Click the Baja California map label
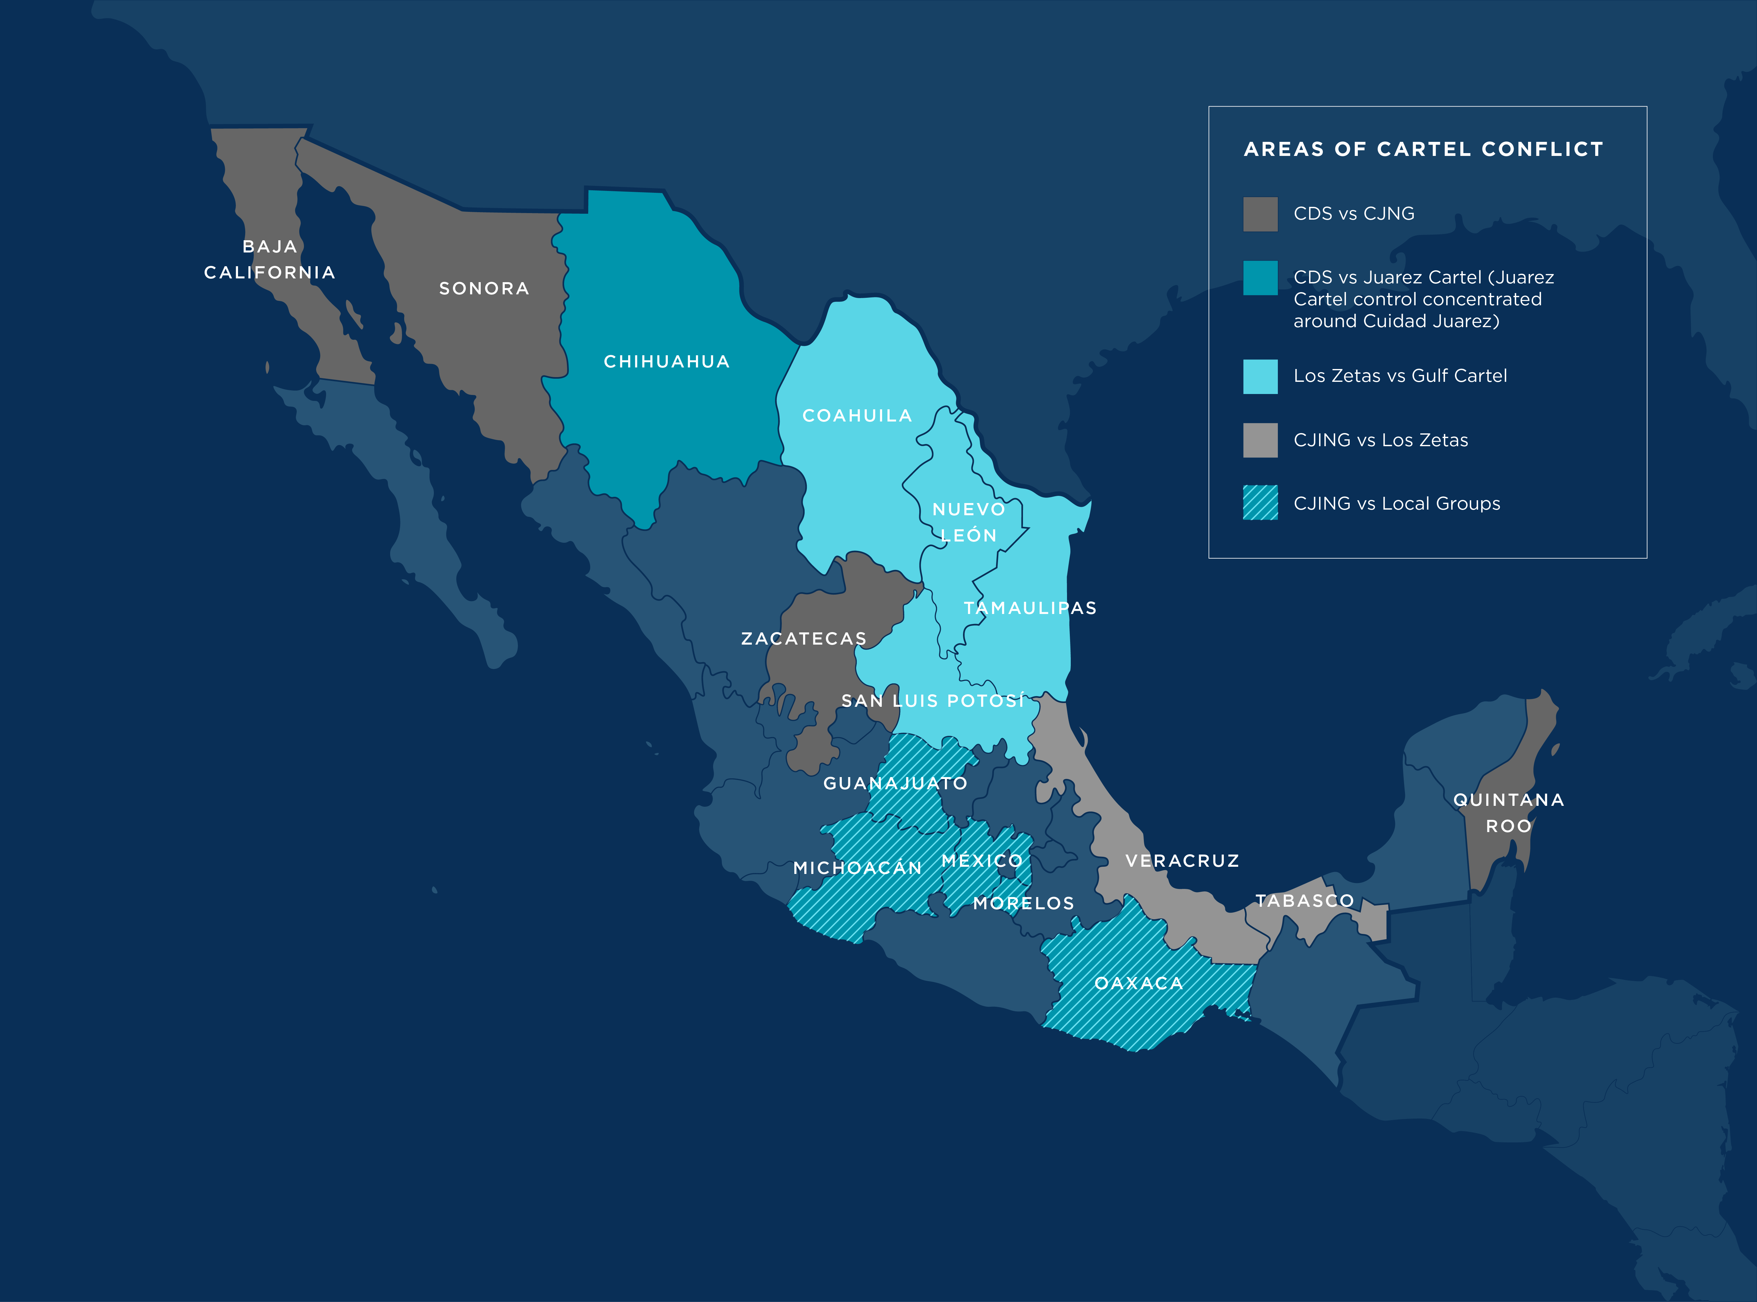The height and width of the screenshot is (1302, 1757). coord(270,259)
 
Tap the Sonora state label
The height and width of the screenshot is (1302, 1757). coord(484,288)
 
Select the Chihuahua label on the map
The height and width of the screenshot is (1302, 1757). coord(667,362)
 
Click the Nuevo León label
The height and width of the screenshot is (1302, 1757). coord(969,522)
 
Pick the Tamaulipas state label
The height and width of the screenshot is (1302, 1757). coord(1030,608)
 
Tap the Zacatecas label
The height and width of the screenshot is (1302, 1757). coord(804,638)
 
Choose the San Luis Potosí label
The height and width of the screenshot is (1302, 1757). coord(933,701)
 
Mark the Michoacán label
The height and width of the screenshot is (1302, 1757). coord(857,868)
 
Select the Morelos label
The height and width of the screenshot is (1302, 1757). coord(1024,903)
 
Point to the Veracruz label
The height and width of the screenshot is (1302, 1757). coord(1182,861)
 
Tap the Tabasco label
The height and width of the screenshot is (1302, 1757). coord(1304,901)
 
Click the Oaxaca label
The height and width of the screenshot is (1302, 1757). coord(1139,983)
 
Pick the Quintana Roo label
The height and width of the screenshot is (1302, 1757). coord(1508,813)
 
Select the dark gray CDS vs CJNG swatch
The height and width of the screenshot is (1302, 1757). coord(1260,214)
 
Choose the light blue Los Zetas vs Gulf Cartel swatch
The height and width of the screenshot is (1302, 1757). coord(1260,376)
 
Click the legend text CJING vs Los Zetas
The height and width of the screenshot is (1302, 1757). coord(1380,440)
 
